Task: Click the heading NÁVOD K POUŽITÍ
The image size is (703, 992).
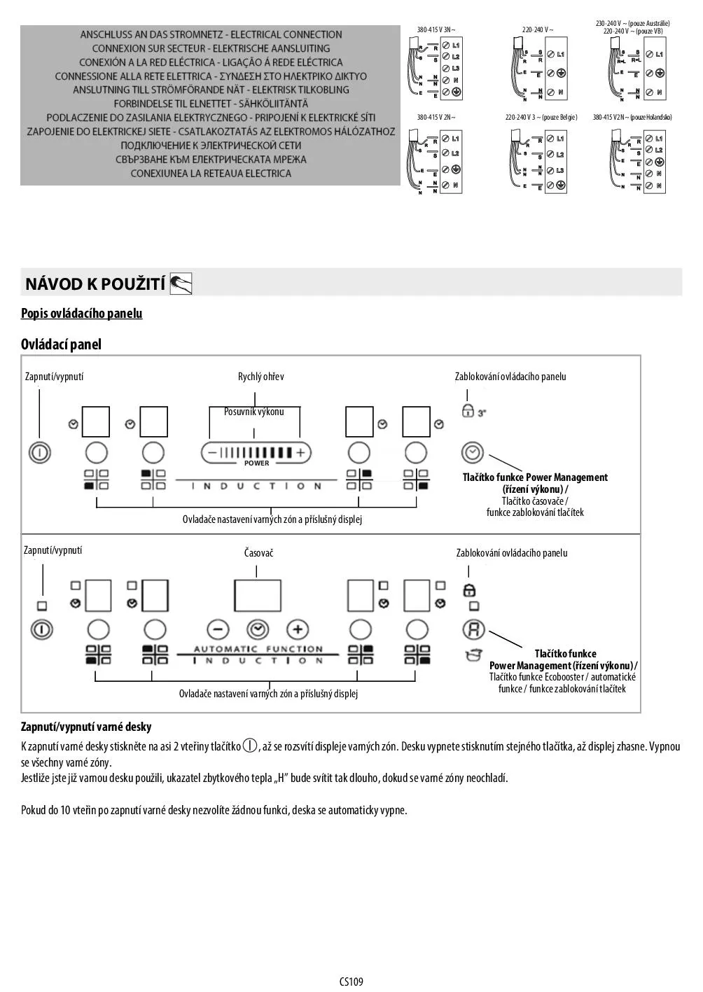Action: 95,284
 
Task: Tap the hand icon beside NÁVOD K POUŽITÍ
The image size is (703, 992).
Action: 181,284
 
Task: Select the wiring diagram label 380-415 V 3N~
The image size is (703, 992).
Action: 436,30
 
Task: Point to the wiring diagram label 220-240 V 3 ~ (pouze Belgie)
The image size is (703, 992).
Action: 541,117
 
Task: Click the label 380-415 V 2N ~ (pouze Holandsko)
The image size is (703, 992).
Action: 632,117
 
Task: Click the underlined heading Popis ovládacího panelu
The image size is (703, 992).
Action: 81,313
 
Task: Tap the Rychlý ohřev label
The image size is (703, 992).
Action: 260,377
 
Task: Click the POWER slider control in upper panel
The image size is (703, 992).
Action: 256,453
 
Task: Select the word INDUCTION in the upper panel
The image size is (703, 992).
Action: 256,486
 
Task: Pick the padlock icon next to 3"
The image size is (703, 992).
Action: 468,411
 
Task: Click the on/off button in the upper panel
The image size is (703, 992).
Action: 40,452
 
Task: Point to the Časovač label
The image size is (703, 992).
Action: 258,553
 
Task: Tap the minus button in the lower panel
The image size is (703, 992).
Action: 218,629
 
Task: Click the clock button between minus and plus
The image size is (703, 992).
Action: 258,629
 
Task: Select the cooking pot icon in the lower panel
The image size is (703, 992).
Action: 473,655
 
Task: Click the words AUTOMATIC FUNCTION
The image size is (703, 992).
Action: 258,649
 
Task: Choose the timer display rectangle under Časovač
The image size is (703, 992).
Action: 258,594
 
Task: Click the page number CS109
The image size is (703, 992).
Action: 351,981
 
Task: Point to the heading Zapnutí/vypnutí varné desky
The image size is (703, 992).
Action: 86,727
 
